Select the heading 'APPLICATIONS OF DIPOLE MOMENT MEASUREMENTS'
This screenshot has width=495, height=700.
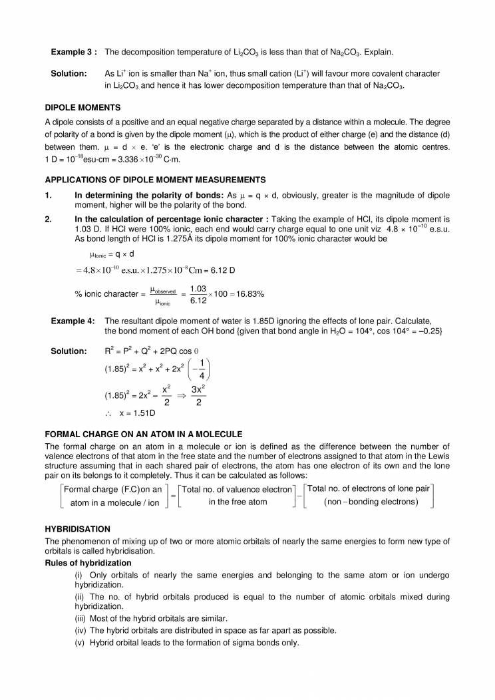pyautogui.click(x=155, y=180)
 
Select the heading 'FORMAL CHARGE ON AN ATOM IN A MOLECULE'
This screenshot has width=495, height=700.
pyautogui.click(x=143, y=434)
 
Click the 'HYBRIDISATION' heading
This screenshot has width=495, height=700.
pyautogui.click(x=77, y=528)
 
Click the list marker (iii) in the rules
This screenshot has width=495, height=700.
pyautogui.click(x=81, y=618)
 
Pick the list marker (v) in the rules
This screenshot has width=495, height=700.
pyautogui.click(x=80, y=642)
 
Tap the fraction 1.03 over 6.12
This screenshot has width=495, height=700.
pyautogui.click(x=198, y=294)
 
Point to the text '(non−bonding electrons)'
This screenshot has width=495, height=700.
pyautogui.click(x=371, y=501)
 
